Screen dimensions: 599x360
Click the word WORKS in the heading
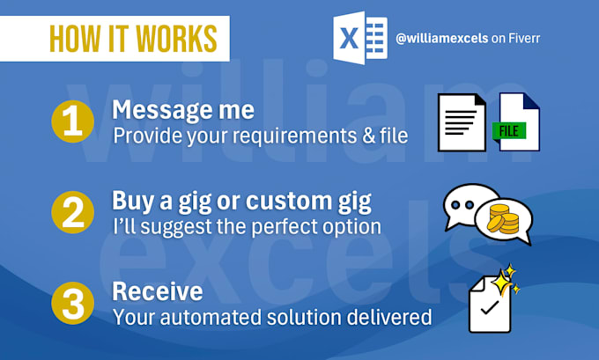pyautogui.click(x=176, y=39)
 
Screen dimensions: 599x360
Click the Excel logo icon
pyautogui.click(x=360, y=38)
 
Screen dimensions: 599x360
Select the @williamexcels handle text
pyautogui.click(x=441, y=38)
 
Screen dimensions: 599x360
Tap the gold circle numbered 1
pyautogui.click(x=72, y=121)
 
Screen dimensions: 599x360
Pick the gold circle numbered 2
pyautogui.click(x=72, y=212)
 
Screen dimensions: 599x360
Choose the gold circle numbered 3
pyautogui.click(x=72, y=303)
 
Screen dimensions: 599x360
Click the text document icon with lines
pyautogui.click(x=462, y=122)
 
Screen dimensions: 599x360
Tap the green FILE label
pyautogui.click(x=509, y=131)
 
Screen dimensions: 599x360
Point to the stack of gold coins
pyautogui.click(x=503, y=219)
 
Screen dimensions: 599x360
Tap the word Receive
pyautogui.click(x=158, y=291)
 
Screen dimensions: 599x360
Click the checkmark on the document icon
pyautogui.click(x=490, y=307)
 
